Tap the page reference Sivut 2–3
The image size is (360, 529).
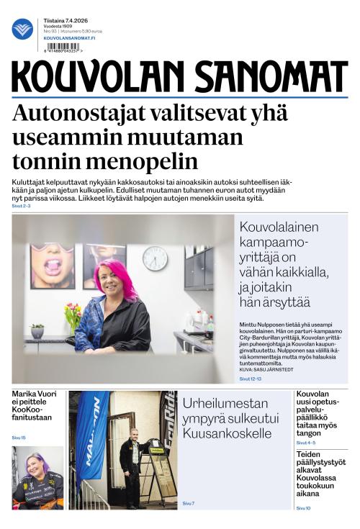point(22,206)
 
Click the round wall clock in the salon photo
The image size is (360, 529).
point(155,258)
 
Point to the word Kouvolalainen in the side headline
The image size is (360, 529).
point(279,227)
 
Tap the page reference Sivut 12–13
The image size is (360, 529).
point(251,378)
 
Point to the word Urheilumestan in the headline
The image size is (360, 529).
point(225,403)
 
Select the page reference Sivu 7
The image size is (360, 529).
point(189,503)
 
